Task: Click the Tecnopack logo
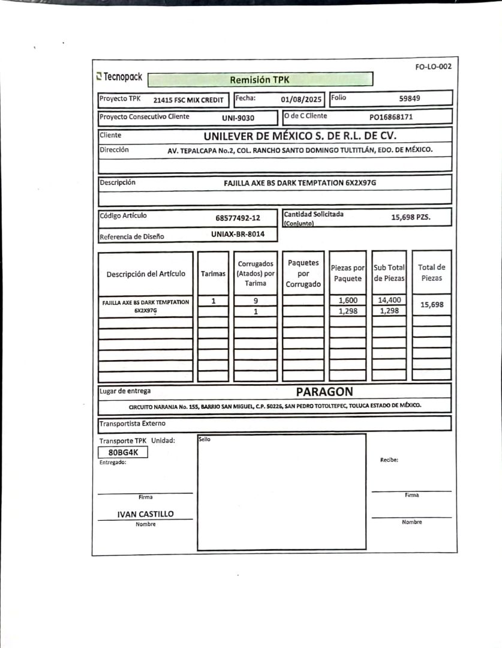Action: [119, 77]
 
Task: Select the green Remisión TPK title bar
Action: [259, 80]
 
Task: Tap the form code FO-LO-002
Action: [433, 67]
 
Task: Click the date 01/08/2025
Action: [302, 99]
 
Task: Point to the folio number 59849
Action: [410, 98]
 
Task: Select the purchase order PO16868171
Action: [391, 117]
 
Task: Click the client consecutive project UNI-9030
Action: [238, 118]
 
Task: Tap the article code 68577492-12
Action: [238, 218]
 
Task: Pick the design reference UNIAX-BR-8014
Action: [238, 234]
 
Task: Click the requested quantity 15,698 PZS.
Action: [411, 217]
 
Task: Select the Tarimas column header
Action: [214, 274]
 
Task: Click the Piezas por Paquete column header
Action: [348, 274]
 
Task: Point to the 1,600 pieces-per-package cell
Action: [348, 301]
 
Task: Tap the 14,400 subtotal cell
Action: [389, 300]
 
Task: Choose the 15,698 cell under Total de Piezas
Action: [432, 305]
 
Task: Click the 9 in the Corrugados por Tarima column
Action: [255, 301]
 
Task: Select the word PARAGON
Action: [324, 392]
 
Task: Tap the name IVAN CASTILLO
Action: [145, 514]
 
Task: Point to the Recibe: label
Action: [389, 460]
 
